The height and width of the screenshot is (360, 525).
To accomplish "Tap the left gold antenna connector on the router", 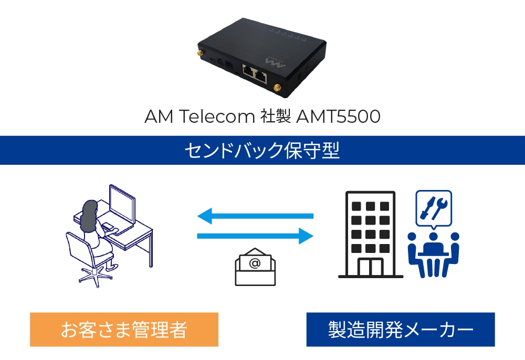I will pos(201,54).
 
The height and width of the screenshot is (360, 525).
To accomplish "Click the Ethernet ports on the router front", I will pos(254,74).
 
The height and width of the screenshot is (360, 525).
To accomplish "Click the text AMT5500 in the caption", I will pos(338,117).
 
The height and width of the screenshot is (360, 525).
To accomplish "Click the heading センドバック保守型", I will pos(262,151).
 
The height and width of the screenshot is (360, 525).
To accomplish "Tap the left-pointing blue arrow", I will pos(255,215).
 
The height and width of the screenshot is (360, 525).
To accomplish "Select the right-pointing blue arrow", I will pos(255,236).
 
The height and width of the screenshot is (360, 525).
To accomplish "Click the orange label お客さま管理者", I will pos(124,330).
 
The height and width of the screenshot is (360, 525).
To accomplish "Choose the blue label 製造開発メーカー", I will pos(401,330).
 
